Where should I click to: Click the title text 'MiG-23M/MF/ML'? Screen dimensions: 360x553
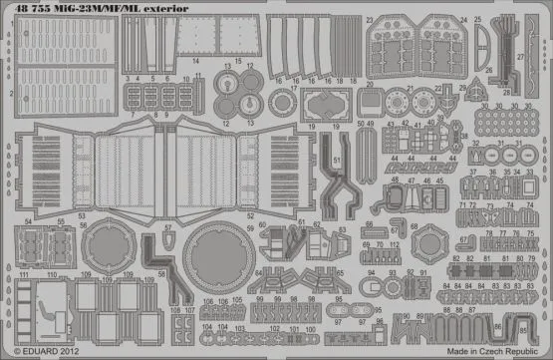click(x=105, y=7)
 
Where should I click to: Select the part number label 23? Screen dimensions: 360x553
click(x=369, y=19)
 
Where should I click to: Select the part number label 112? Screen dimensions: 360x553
click(x=395, y=244)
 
